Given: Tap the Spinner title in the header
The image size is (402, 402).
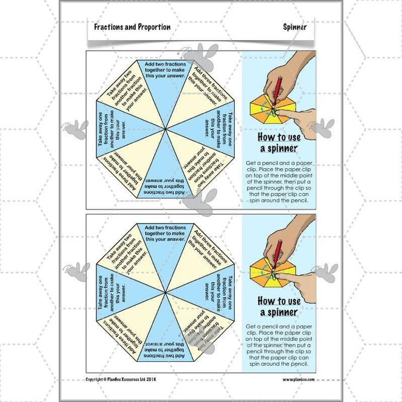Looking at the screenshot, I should pos(295,27).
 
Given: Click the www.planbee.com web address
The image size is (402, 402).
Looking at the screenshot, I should pos(298,379).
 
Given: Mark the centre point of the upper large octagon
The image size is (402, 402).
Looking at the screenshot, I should pos(166,129).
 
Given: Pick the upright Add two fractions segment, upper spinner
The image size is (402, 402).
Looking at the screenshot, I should pos(166,81).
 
